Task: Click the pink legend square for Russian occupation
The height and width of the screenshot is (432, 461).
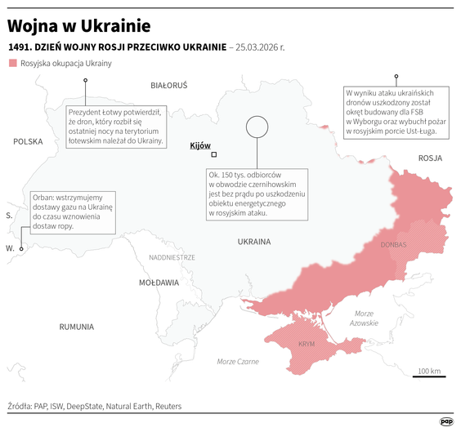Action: click(x=12, y=63)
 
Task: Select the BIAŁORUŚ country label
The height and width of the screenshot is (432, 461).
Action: click(x=168, y=85)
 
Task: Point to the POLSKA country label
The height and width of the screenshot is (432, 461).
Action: click(x=27, y=141)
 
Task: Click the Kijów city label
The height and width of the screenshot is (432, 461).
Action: click(x=199, y=145)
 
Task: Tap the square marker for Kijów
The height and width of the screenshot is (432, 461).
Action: click(x=214, y=154)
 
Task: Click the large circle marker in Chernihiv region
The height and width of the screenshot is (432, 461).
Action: click(x=257, y=126)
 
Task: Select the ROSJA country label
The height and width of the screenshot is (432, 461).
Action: click(x=430, y=158)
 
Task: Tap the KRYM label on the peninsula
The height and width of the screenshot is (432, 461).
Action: click(x=307, y=344)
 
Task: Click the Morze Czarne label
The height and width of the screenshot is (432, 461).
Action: click(x=238, y=361)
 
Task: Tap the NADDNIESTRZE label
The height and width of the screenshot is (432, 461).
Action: click(x=172, y=256)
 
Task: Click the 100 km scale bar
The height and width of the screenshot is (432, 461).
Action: click(x=429, y=376)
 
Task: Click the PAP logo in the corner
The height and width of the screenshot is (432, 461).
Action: click(x=446, y=421)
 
